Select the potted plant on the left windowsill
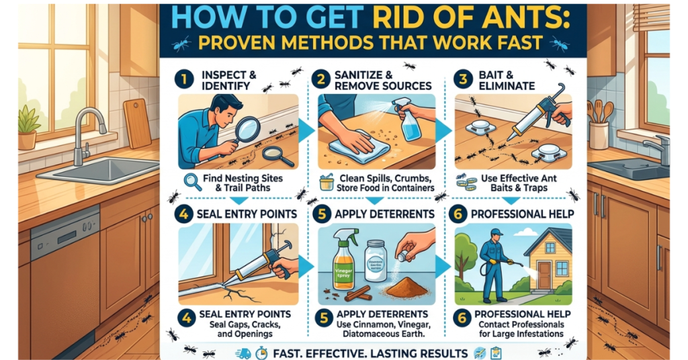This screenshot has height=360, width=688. click(x=28, y=128)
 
